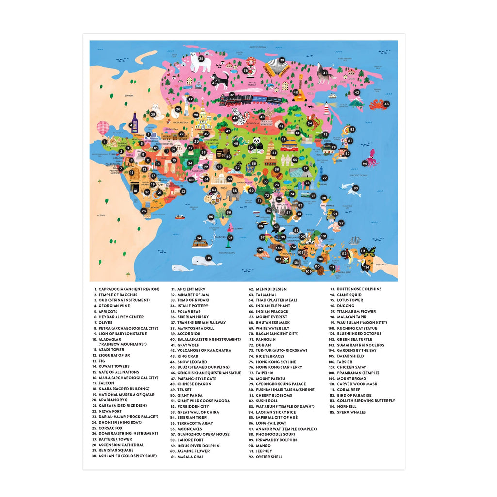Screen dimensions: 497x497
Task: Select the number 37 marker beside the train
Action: pos(232,95)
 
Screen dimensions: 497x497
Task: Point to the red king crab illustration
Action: pos(378,104)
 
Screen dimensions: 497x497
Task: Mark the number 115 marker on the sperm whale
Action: pos(208,258)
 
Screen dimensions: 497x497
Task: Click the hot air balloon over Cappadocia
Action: pos(102,127)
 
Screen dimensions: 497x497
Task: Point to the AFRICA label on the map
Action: pos(101,215)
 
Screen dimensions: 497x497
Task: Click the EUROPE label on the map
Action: pos(129,96)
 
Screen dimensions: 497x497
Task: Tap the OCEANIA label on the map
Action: pos(387,265)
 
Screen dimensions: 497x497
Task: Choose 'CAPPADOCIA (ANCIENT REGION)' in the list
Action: pos(129,289)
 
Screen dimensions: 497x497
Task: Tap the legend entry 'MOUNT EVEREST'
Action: pos(273,317)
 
